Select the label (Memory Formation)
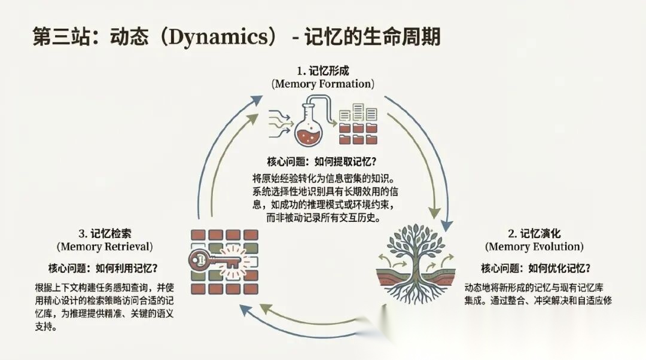[323, 84]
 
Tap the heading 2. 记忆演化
[534, 233]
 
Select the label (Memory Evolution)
[534, 246]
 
